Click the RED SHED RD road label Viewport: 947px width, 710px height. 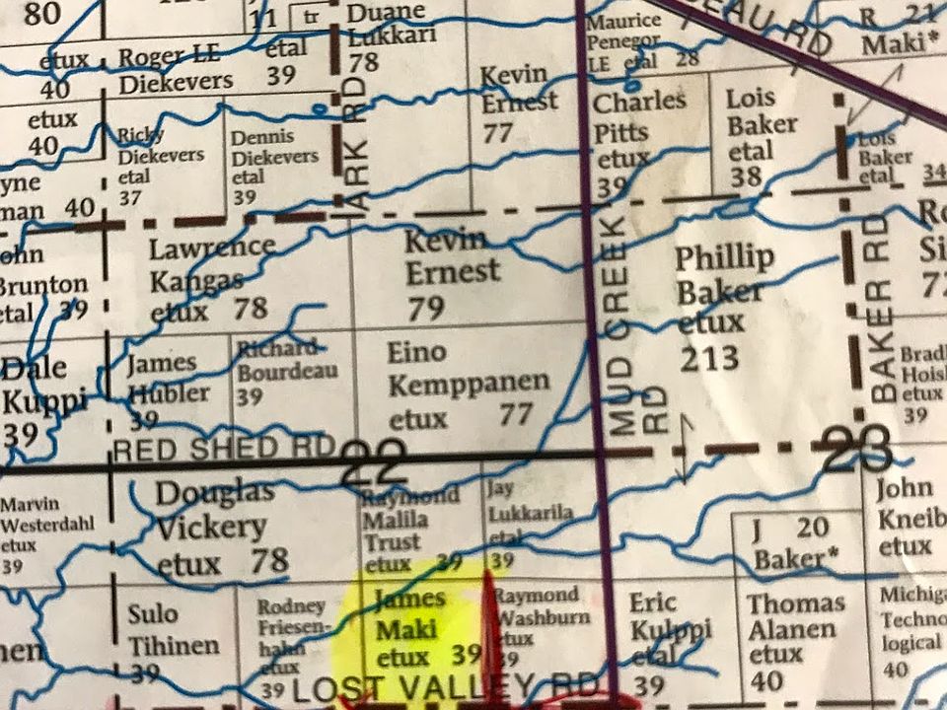point(224,450)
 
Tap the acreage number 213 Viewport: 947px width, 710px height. point(708,357)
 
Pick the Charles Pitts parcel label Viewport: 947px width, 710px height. point(638,116)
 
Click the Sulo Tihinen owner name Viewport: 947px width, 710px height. point(173,629)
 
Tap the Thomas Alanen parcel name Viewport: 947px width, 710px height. point(795,616)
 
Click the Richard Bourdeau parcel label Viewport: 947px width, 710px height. point(285,360)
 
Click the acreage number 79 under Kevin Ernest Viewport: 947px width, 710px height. point(426,309)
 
